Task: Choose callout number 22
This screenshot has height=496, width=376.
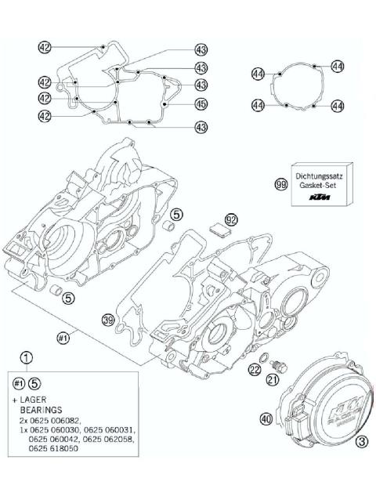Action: pos(255,370)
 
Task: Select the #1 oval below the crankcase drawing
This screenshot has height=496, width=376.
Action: pos(62,338)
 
